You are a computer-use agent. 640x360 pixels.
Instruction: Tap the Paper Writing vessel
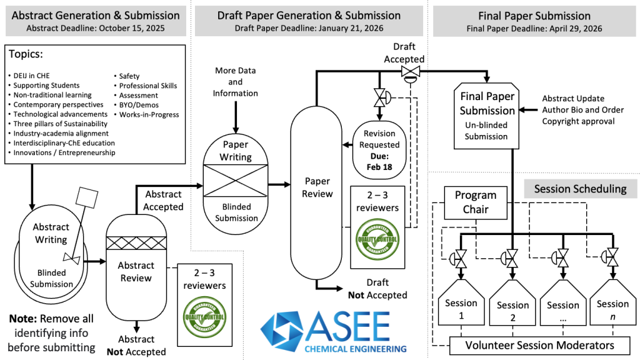tap(236, 181)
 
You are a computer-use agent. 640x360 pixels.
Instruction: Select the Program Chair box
tap(475, 202)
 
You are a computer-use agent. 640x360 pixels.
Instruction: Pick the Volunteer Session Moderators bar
tap(539, 345)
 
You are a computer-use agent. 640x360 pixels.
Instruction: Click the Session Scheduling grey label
tap(580, 189)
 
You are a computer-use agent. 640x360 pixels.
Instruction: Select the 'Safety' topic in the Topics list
tap(129, 76)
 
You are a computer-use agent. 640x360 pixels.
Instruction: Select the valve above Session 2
tap(512, 257)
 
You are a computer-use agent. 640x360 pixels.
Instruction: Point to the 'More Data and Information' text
tap(235, 82)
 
